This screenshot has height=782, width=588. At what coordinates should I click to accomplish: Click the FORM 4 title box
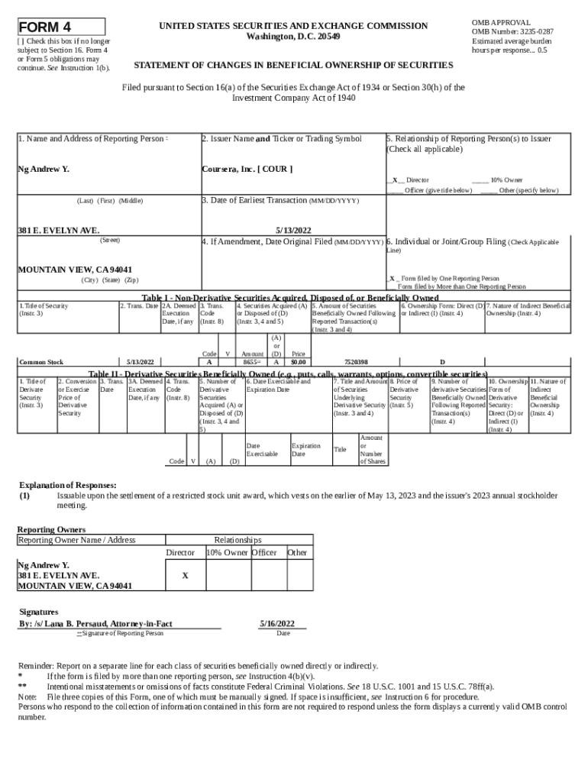tap(61, 27)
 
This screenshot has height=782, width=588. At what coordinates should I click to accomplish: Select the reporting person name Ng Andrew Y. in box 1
tap(44, 169)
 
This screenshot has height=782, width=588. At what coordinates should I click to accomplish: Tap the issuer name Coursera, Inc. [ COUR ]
tap(247, 169)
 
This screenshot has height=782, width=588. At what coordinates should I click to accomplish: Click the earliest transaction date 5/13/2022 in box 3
tap(293, 230)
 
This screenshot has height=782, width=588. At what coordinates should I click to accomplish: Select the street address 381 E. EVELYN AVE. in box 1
tap(58, 230)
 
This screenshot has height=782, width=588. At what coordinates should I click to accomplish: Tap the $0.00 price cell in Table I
tap(298, 362)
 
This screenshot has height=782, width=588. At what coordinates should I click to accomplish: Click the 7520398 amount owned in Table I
tap(356, 362)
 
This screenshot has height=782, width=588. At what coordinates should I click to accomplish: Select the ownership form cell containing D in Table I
tap(441, 362)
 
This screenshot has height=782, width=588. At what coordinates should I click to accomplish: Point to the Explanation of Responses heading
tap(67, 485)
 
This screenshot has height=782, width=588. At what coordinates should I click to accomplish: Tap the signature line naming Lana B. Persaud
tap(95, 624)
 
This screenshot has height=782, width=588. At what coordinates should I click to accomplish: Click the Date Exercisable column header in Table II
tap(261, 449)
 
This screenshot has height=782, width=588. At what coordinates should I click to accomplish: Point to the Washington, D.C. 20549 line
tap(294, 37)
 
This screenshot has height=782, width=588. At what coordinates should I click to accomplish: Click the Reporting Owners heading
tap(51, 529)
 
